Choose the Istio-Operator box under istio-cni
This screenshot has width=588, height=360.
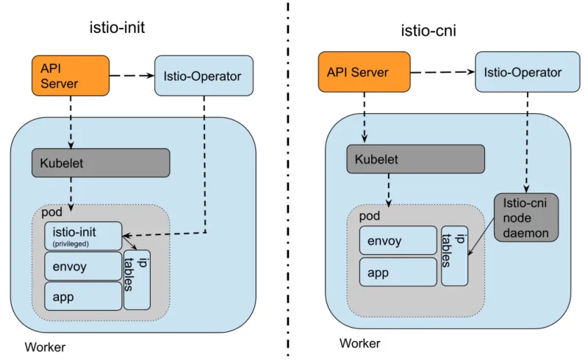pos(523,72)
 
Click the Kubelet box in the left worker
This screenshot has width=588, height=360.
pos(101,163)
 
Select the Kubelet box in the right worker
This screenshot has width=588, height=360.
pos(415,159)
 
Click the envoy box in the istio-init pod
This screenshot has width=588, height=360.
pos(83,266)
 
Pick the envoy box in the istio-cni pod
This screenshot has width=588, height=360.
pos(398,240)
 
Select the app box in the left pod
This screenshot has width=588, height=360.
pos(83,295)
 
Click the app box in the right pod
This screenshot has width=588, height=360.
pos(398,272)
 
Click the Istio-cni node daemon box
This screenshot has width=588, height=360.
pos(526,217)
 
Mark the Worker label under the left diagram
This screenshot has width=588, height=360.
pos(45,347)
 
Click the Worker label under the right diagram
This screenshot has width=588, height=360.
pos(359,343)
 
